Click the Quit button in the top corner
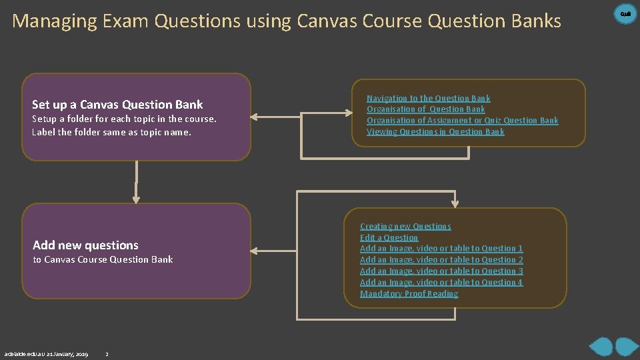(625, 13)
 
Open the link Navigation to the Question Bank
(428, 98)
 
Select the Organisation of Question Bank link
(425, 109)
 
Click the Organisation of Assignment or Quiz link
(462, 121)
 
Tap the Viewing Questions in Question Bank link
(435, 132)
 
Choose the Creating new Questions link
(405, 227)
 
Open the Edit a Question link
(389, 238)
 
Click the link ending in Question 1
(441, 249)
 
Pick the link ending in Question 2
(441, 260)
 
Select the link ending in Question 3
(441, 271)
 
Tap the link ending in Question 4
(441, 283)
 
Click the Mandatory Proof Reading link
(409, 294)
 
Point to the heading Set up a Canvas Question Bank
(117, 105)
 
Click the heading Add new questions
(85, 245)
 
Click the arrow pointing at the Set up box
(256, 117)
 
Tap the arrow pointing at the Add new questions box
(256, 251)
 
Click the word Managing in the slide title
(55, 21)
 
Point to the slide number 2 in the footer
(107, 354)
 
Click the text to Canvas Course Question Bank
(103, 260)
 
